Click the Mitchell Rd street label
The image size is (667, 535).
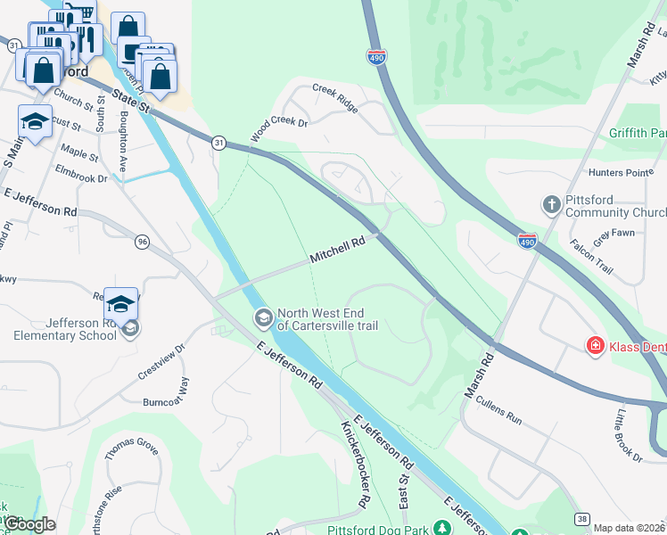coord(339,249)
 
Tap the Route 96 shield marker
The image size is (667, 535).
coord(142,242)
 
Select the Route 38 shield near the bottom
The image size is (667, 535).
coord(581,518)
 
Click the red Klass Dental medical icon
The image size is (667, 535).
coord(594,345)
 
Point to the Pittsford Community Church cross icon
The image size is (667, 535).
coord(551,205)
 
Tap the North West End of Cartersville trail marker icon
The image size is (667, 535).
coord(263,317)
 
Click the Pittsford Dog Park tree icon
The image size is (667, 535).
coord(440,529)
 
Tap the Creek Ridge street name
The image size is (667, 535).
coord(335,97)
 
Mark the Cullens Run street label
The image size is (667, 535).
coord(498,411)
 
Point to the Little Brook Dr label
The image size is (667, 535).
coord(629,434)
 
